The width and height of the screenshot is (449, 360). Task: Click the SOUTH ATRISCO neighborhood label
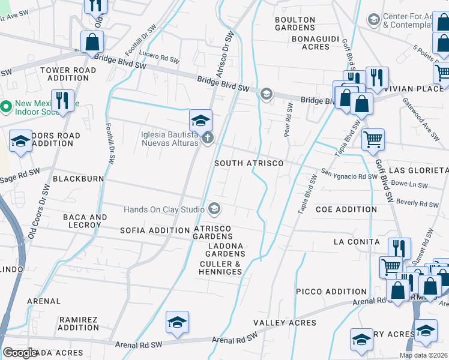(x=249, y=163)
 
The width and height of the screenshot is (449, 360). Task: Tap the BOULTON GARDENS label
(x=295, y=24)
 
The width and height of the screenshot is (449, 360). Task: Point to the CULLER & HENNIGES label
(x=220, y=268)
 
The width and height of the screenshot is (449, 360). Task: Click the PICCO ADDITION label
(x=331, y=292)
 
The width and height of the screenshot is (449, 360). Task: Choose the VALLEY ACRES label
(x=285, y=323)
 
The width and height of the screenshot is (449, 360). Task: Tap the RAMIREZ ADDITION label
(x=79, y=323)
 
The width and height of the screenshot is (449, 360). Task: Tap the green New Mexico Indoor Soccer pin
(x=6, y=107)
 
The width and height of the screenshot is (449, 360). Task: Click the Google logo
(x=20, y=352)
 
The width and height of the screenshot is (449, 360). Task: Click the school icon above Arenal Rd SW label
(x=177, y=322)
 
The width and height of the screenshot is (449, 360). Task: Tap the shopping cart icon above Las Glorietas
(x=373, y=139)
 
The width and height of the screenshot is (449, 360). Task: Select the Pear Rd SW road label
(x=289, y=119)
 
